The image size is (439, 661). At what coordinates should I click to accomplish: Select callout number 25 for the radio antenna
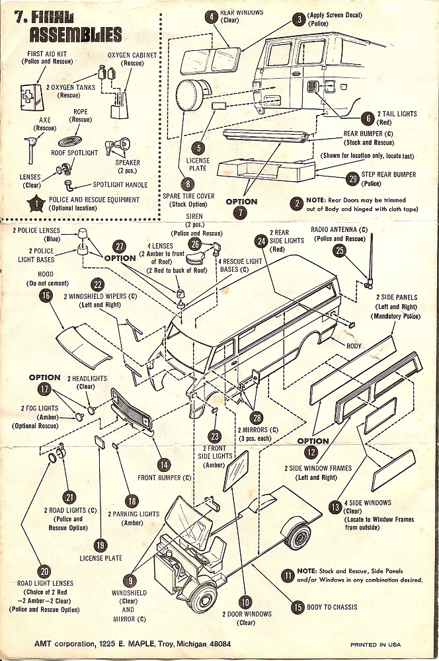coord(339,250)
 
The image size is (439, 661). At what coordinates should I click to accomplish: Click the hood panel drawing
coord(83,345)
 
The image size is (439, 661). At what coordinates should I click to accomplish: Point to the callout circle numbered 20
coord(45,572)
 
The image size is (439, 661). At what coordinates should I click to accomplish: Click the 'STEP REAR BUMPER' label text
coord(388,175)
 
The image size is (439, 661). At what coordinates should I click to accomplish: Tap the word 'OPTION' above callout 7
coord(241,200)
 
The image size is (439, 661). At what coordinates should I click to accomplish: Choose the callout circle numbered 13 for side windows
coord(335,508)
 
